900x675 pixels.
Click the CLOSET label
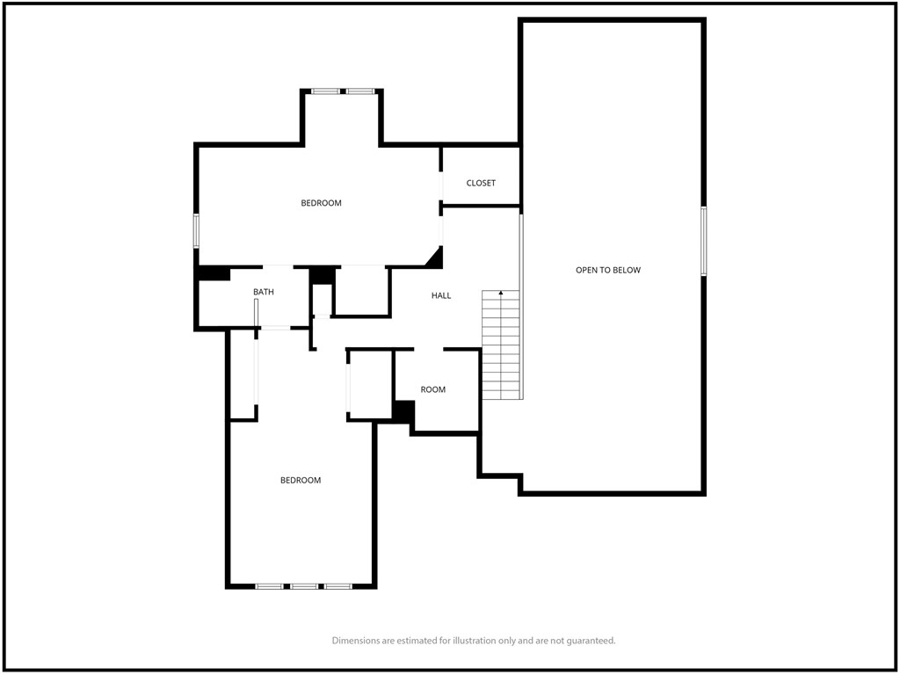click(x=481, y=183)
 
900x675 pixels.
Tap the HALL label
click(x=441, y=295)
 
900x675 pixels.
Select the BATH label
click(x=264, y=292)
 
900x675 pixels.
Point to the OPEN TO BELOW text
click(x=608, y=270)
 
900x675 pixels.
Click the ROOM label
click(x=432, y=389)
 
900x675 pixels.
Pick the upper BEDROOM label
click(x=321, y=203)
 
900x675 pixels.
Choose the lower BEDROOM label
click(x=301, y=481)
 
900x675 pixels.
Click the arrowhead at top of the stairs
click(x=501, y=293)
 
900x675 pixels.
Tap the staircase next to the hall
click(x=501, y=345)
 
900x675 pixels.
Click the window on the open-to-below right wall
click(x=704, y=242)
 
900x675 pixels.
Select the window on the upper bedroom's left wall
click(x=196, y=231)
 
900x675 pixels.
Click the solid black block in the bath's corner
click(x=214, y=273)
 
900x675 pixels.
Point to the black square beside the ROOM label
click(x=404, y=412)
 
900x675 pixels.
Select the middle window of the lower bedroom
click(x=303, y=586)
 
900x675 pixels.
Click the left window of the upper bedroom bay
click(x=325, y=91)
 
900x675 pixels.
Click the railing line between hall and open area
click(x=521, y=306)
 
